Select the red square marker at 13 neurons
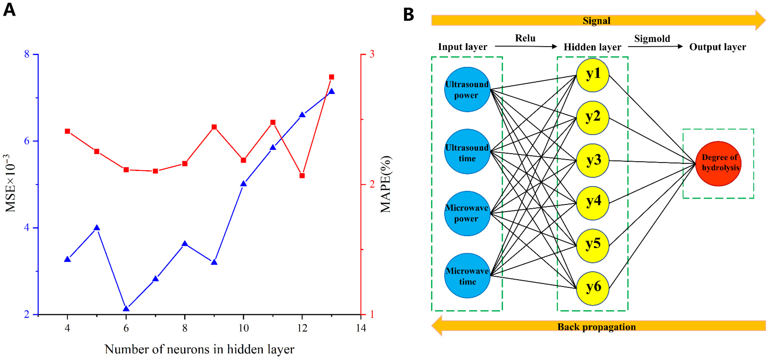[x=331, y=77]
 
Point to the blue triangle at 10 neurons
[x=244, y=184]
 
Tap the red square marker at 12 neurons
[x=302, y=176]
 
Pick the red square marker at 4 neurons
[x=68, y=131]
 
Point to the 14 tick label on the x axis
[x=361, y=328]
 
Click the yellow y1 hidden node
[x=593, y=75]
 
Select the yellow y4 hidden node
[x=593, y=203]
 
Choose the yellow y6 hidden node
[x=593, y=288]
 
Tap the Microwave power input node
[x=467, y=213]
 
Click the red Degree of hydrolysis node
[x=718, y=163]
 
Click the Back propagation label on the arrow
[x=596, y=327]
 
